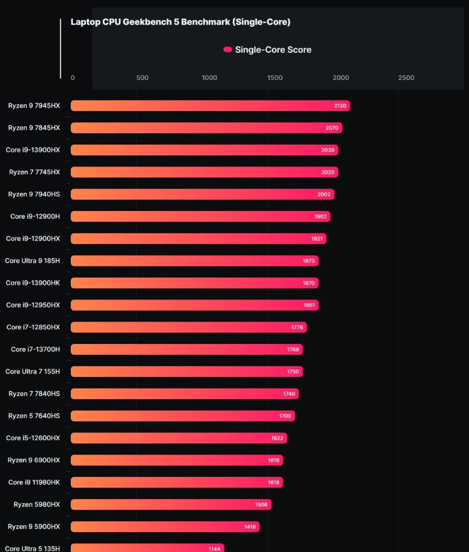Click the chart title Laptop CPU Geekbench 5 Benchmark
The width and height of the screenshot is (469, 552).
(x=180, y=22)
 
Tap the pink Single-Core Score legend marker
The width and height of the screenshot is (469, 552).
(x=227, y=50)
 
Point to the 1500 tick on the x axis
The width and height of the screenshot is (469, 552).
(x=275, y=78)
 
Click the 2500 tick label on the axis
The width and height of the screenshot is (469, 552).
(x=406, y=78)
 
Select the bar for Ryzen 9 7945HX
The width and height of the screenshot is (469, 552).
(x=210, y=106)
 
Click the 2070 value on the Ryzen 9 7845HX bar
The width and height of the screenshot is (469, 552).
(x=332, y=128)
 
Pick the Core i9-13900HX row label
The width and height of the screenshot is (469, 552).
(x=33, y=150)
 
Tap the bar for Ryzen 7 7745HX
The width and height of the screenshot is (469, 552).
(x=204, y=172)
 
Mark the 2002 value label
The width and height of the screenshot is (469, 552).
(x=324, y=194)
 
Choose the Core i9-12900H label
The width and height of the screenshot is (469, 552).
(x=35, y=216)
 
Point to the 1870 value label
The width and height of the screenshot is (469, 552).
(x=308, y=283)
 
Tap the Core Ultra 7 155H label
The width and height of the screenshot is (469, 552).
(x=32, y=372)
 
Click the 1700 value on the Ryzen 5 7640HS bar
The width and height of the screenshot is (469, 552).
(x=285, y=416)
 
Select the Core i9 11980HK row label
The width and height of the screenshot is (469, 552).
(x=34, y=482)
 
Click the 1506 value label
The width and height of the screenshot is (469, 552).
(x=262, y=504)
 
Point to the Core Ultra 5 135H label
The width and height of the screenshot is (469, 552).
(x=32, y=548)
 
